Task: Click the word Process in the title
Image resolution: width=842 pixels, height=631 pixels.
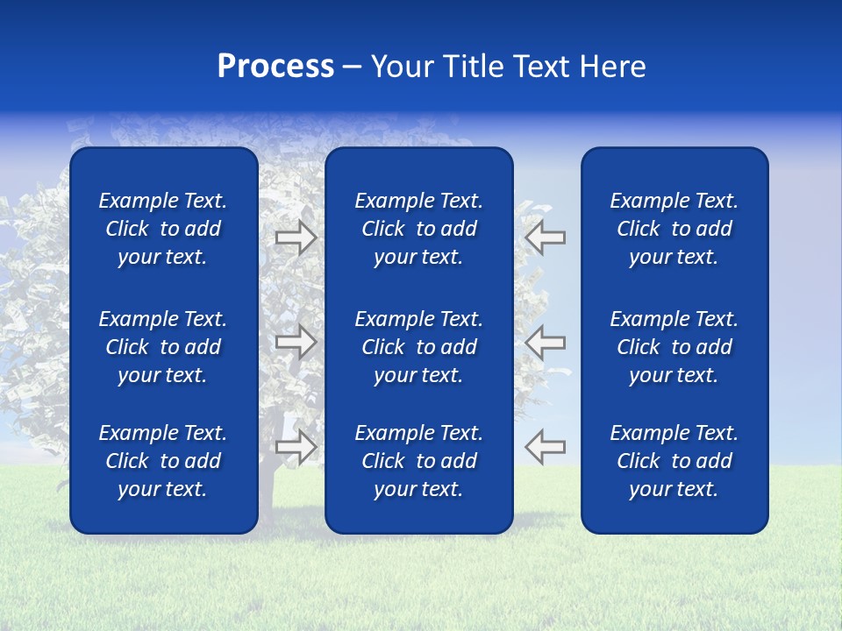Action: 275,67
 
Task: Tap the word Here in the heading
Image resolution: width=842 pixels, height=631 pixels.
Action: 613,67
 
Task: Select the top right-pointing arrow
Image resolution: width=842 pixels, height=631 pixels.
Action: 296,237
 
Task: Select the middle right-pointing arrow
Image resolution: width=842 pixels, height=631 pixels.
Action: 296,342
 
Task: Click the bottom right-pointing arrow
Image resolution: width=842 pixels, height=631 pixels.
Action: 296,447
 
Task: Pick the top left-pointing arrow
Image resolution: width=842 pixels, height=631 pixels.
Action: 546,237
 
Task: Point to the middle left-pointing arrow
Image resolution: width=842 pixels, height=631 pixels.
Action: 546,342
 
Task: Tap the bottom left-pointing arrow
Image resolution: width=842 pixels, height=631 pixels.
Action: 546,447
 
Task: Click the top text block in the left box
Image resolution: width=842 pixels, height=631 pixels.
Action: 163,229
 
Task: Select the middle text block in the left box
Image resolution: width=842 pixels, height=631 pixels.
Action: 163,347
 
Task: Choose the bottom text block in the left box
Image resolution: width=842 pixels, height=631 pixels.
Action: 163,461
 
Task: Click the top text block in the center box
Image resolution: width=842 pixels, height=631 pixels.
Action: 418,229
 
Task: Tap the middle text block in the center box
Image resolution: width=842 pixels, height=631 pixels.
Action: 418,347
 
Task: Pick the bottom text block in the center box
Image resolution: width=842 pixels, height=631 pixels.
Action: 418,461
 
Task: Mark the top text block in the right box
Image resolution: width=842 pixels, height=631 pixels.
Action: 674,229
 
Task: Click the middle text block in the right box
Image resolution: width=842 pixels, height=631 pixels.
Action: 674,347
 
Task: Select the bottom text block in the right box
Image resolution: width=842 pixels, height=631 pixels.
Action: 674,461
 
